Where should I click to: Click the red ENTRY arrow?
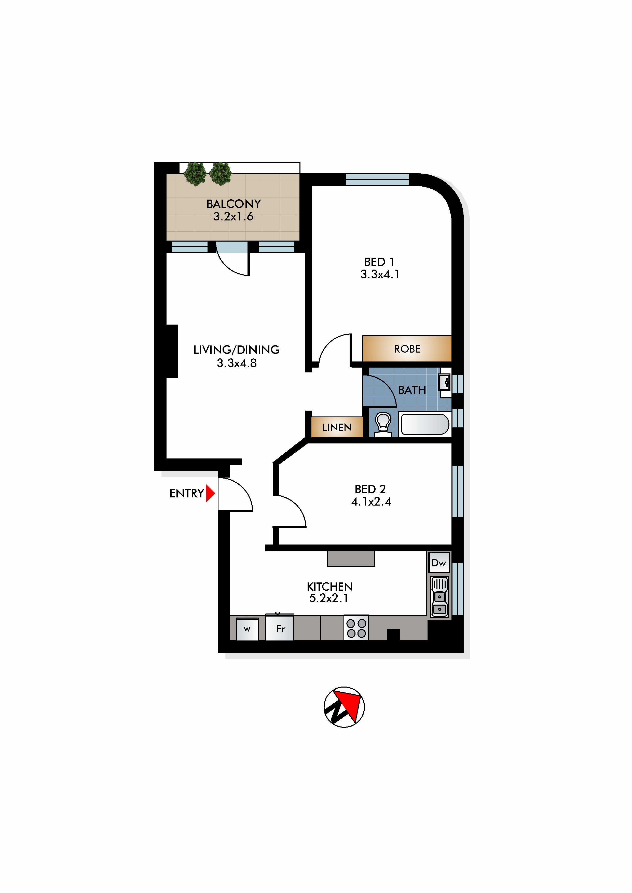coord(210,493)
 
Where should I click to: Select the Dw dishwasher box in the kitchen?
coord(439,562)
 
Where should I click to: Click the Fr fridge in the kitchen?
coord(280,627)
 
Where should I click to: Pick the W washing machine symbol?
coord(247,629)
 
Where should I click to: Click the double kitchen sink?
coord(439,597)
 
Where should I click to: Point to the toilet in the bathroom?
coord(383,424)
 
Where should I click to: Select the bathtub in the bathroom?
coord(425,424)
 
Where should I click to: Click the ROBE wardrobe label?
coord(407,349)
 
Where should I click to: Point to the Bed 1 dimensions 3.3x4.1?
coord(380,274)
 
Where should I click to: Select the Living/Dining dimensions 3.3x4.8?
coord(237,363)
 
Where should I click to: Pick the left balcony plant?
coord(195,174)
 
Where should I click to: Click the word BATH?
coord(412,390)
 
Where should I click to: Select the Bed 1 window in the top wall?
coord(377,179)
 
